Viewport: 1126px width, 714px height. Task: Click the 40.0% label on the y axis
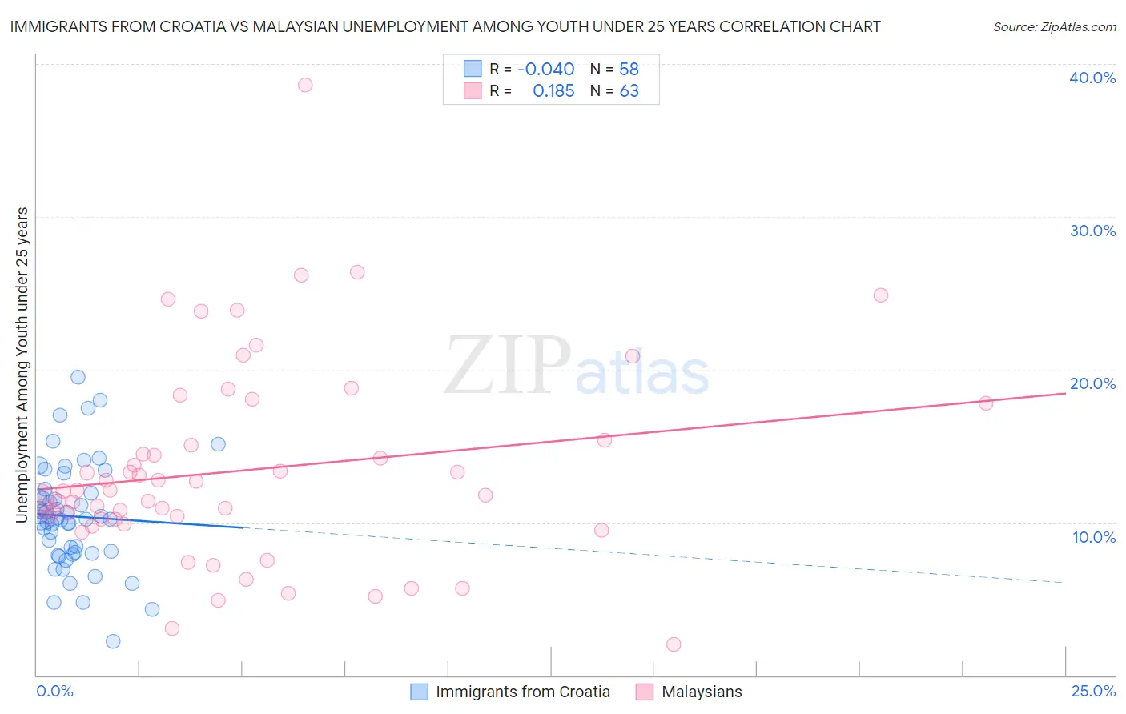[x=1092, y=78]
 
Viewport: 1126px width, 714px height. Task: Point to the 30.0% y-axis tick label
[x=1092, y=231]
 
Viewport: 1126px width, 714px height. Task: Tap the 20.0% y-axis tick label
[x=1092, y=383]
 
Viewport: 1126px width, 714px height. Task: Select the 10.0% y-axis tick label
[x=1094, y=537]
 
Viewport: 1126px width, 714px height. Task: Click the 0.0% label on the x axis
[x=54, y=692]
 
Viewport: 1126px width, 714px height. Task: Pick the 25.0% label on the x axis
[x=1093, y=692]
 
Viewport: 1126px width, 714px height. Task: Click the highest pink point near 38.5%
[x=305, y=85]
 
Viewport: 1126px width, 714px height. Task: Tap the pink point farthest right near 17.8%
[x=986, y=403]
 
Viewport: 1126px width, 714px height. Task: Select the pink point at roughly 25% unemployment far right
[x=881, y=295]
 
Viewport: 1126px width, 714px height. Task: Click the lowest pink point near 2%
[x=674, y=644]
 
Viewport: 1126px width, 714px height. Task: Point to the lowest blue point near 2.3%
[x=113, y=641]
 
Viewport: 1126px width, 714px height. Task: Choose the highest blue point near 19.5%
[x=78, y=377]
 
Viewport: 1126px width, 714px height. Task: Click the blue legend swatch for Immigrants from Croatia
[x=419, y=692]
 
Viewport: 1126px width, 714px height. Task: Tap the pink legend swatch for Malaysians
[x=645, y=692]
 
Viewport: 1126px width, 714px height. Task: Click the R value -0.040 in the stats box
[x=545, y=69]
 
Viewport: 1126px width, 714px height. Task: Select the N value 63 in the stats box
[x=629, y=91]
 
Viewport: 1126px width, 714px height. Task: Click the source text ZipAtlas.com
[x=1054, y=26]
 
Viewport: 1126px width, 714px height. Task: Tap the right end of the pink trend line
[x=1065, y=393]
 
